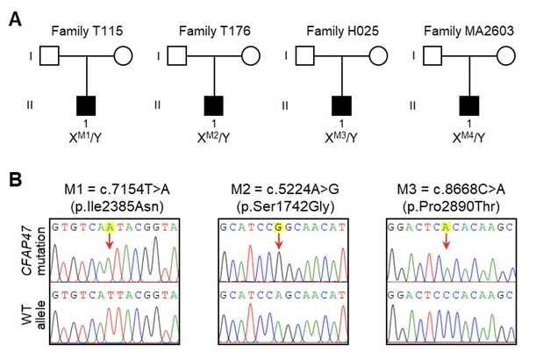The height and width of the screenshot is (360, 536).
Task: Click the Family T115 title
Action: click(84, 32)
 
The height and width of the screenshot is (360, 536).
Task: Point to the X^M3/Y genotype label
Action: click(342, 139)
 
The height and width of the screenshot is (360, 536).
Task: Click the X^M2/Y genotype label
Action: click(215, 139)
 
